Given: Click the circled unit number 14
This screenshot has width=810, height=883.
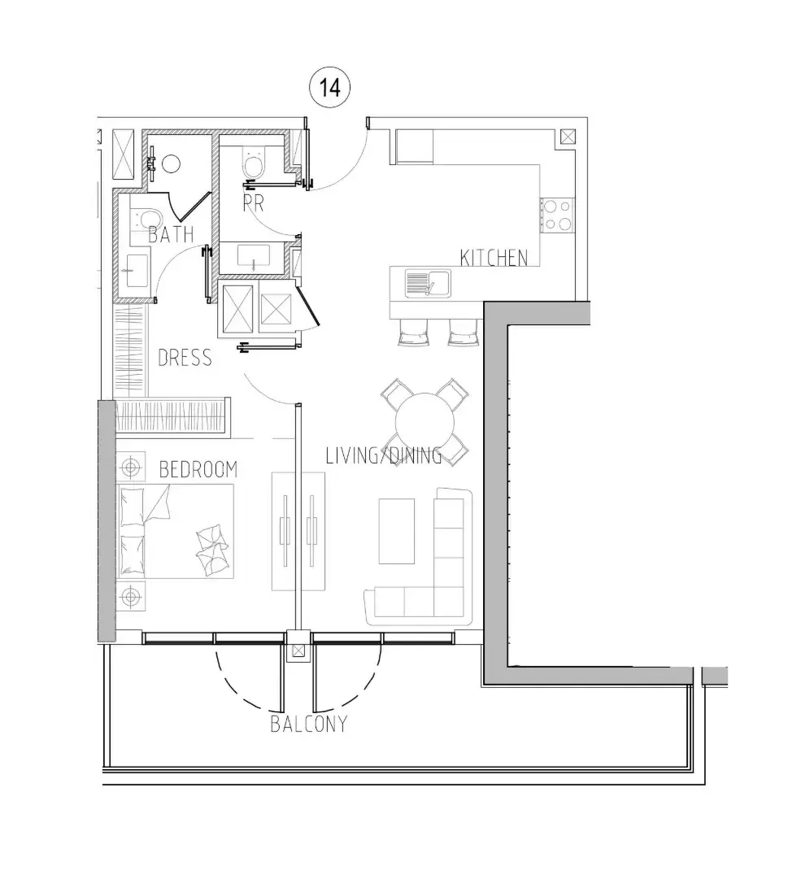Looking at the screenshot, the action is point(329,88).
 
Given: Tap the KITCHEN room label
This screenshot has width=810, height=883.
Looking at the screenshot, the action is point(494,258).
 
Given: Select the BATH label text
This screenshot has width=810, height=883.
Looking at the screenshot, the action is point(172,233).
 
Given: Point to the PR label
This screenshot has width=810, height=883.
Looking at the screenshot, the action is point(254,203).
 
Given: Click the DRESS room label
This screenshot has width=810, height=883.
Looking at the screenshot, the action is point(185,358).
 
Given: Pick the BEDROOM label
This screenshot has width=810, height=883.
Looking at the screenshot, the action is point(198,469).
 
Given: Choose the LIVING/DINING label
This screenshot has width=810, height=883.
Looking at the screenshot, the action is point(384,455).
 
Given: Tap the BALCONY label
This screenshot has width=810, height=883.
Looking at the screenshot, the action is point(309,724).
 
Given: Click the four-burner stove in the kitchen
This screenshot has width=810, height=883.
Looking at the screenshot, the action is point(557,215).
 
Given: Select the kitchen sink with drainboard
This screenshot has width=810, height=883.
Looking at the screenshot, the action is point(428,283).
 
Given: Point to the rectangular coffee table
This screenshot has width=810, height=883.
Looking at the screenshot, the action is point(397,531).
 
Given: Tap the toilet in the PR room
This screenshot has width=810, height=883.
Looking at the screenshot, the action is point(253,162).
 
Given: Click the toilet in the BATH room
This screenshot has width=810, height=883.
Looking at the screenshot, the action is point(146,219).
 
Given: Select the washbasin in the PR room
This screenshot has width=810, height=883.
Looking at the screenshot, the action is point(254,258).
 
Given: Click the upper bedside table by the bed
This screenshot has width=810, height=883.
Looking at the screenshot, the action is point(131,467).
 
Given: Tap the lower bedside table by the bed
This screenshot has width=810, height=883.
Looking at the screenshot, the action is point(131,596).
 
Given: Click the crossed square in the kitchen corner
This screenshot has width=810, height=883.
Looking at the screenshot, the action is point(568,137).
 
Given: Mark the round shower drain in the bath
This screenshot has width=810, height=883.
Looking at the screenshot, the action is point(171,164).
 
